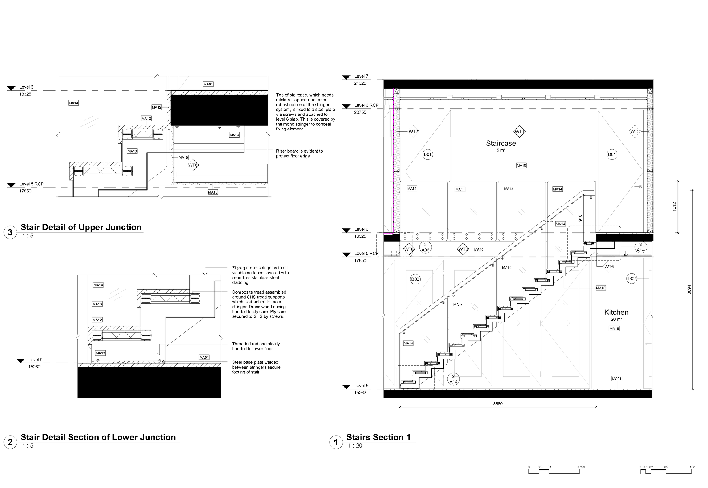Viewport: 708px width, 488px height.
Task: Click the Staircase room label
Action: (501, 144)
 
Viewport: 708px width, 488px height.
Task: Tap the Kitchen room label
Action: (616, 313)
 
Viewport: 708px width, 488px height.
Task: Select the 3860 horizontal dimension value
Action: (498, 404)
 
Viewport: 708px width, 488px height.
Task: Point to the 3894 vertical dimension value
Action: (689, 290)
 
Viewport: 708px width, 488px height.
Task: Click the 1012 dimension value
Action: (675, 207)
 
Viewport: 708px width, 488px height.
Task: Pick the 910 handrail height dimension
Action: (580, 218)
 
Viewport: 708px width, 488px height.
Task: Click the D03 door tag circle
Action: (415, 279)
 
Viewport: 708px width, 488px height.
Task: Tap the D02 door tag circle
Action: (632, 279)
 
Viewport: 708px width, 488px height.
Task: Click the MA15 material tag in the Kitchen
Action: (614, 329)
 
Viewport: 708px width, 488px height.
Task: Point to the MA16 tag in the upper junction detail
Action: (213, 192)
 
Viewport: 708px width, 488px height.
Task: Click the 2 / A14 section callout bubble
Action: (453, 379)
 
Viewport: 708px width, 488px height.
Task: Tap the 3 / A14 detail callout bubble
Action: (640, 247)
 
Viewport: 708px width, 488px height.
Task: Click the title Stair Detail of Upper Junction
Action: (81, 227)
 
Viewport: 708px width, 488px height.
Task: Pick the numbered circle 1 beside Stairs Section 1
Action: (336, 442)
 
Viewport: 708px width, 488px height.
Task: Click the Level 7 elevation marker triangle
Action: (346, 78)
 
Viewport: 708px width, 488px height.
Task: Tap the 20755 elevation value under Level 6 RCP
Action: (360, 112)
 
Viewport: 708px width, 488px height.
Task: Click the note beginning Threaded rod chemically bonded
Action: (256, 346)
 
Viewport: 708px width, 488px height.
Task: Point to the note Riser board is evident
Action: (299, 153)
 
